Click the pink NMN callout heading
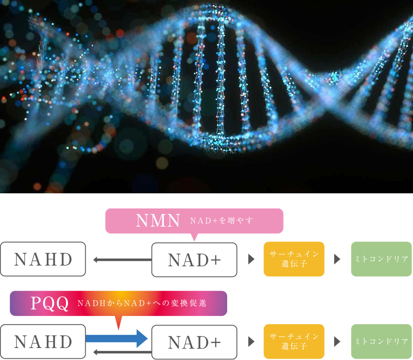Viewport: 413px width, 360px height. tap(158, 220)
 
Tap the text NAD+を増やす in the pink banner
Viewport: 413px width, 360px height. tap(222, 220)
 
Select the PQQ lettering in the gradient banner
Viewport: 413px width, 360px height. tap(50, 304)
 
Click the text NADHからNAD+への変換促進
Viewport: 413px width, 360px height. tap(142, 303)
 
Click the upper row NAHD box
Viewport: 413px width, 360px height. tap(43, 259)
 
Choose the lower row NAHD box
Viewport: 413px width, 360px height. tap(43, 342)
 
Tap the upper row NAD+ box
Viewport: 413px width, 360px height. tap(195, 260)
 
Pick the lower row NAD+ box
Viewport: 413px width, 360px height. tap(195, 342)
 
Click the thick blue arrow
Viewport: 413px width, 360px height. tap(117, 338)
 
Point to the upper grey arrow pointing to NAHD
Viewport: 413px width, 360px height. tap(123, 260)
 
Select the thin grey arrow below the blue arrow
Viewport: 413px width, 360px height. tap(123, 352)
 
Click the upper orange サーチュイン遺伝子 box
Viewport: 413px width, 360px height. tap(294, 259)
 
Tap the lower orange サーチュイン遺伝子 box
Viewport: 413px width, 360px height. tap(294, 342)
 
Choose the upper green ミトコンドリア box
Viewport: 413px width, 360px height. tap(381, 259)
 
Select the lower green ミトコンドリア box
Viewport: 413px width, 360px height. tap(381, 342)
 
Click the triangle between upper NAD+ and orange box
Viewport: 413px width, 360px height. tap(251, 259)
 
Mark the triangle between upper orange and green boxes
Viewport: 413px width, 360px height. tap(337, 259)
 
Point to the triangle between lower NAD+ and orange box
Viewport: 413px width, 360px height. tap(251, 342)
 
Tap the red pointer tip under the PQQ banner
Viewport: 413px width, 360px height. tap(118, 330)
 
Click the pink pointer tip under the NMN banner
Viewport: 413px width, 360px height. tap(195, 241)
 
